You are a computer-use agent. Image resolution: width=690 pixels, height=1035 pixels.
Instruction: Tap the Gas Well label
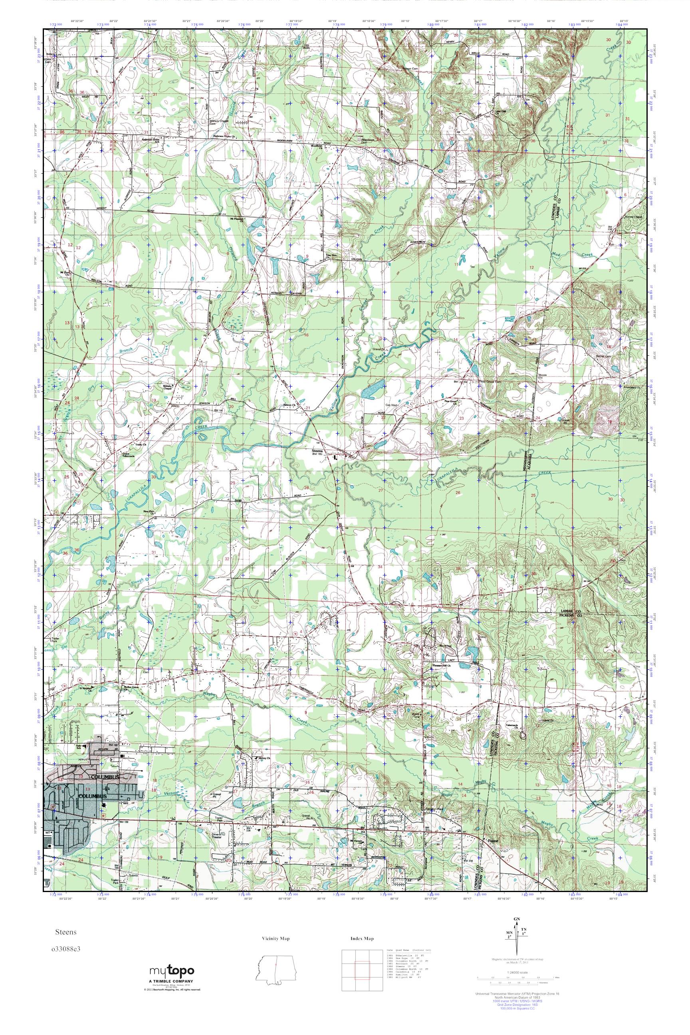point(391,404)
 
